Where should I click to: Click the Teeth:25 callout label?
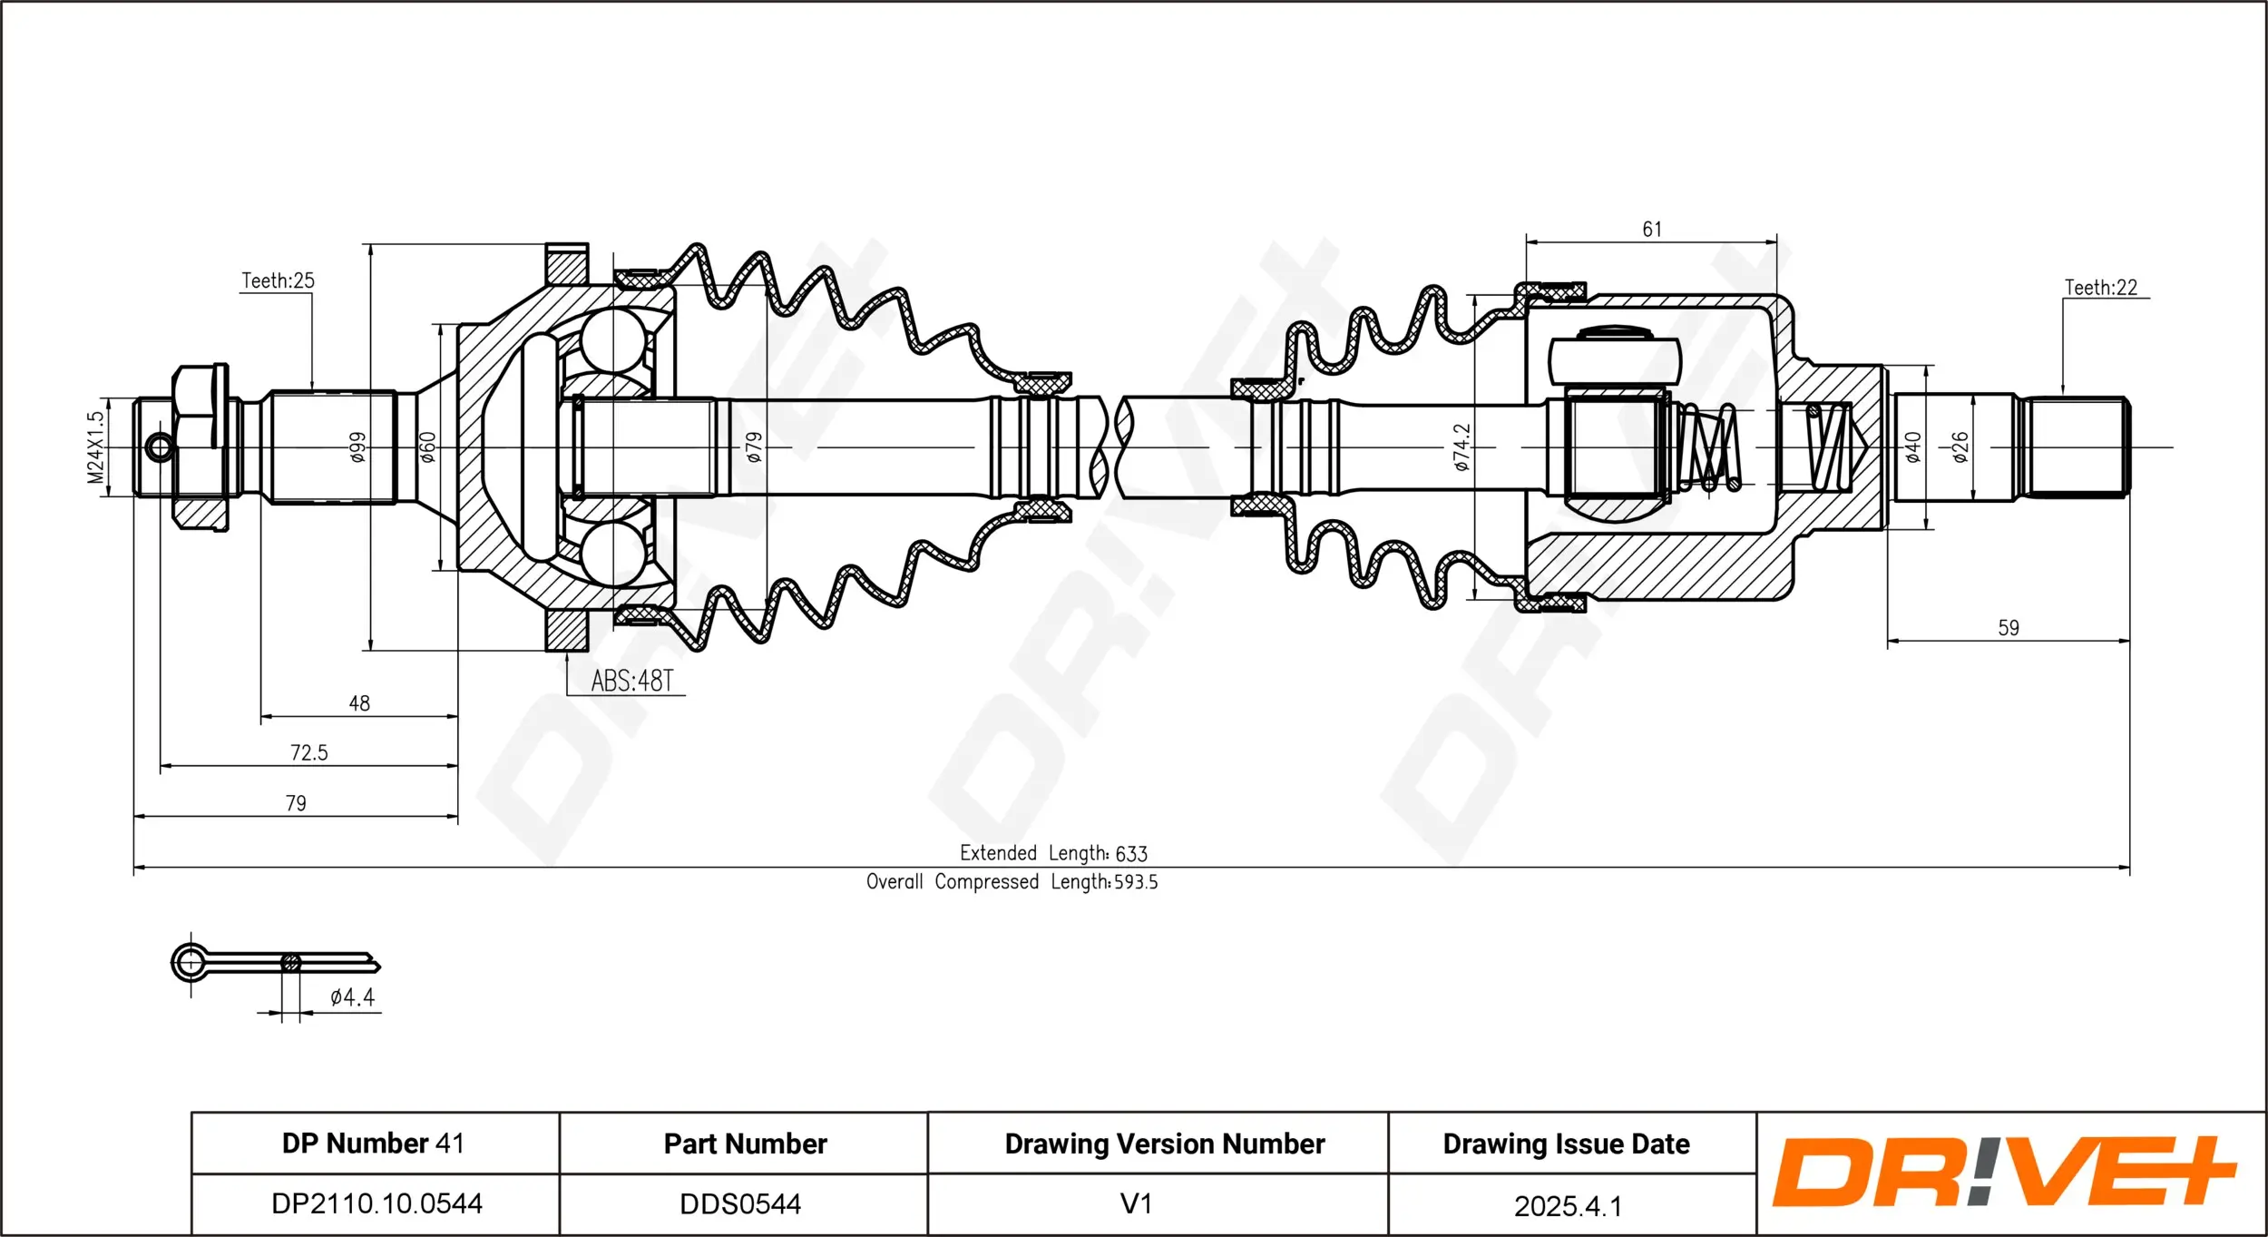[x=278, y=280]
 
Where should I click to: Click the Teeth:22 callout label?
[x=2100, y=288]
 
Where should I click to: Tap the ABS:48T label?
[x=632, y=681]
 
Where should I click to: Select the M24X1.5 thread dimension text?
[x=95, y=447]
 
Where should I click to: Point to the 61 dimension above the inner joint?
[x=1652, y=230]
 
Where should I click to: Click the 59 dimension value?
[x=2009, y=628]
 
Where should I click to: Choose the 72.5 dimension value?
[x=308, y=752]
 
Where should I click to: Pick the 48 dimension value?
[x=359, y=703]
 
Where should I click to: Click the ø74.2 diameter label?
[x=1461, y=447]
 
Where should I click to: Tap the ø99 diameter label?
[x=358, y=447]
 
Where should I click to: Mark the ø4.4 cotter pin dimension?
[x=352, y=997]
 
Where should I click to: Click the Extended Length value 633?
[x=1131, y=854]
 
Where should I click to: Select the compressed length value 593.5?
[x=1136, y=882]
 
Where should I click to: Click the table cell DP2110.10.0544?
[x=376, y=1203]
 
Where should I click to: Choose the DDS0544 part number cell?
[x=740, y=1203]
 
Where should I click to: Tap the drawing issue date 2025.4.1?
[x=1568, y=1205]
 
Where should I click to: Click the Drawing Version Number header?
[x=1164, y=1144]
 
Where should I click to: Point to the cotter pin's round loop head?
[x=191, y=962]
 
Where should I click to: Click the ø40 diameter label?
[x=1913, y=447]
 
